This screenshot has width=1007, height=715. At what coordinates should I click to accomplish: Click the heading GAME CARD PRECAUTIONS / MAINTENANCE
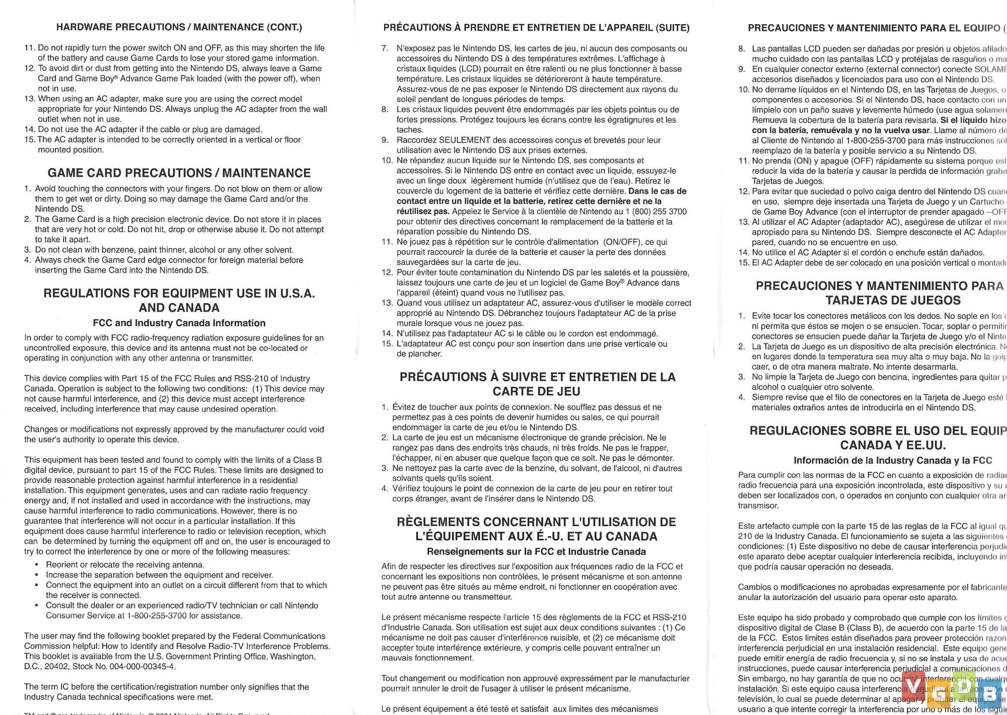coord(179,173)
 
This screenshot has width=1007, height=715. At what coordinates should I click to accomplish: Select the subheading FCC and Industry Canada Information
coord(179,323)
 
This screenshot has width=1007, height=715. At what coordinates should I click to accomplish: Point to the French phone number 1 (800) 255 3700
coord(655,211)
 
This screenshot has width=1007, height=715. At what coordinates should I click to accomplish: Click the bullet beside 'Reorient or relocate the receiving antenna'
coord(37,565)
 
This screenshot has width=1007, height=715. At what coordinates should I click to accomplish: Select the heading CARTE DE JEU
coord(536,392)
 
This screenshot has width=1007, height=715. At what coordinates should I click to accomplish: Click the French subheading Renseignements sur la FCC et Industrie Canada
coord(536,552)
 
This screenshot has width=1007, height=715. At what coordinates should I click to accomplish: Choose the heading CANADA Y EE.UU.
coord(893,445)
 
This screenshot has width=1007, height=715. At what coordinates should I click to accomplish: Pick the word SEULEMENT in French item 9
coord(465,140)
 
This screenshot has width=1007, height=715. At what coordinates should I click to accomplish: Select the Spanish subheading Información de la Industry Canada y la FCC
coord(893,460)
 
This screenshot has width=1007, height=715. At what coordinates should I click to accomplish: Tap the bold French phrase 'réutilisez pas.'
coord(423,211)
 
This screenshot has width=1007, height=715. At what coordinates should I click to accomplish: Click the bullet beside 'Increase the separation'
coord(37,575)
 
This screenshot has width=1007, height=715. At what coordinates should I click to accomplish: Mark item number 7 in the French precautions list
coord(385,49)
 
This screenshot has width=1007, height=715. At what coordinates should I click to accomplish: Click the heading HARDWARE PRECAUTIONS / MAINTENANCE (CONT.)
coord(179,27)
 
